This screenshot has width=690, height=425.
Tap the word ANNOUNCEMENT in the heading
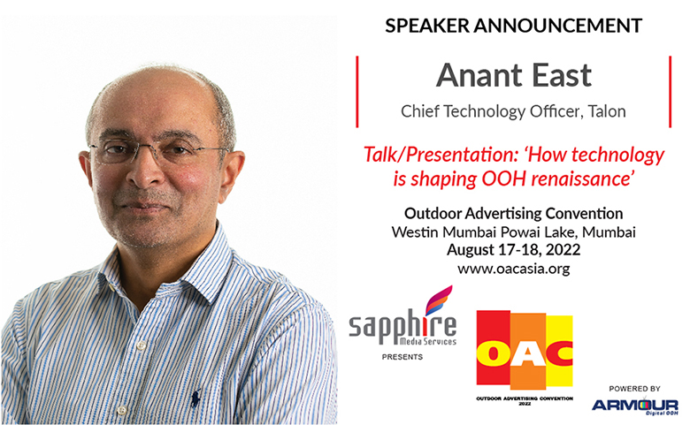[558, 26]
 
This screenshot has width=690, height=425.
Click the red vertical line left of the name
[356, 91]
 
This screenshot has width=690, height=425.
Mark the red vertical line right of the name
[670, 91]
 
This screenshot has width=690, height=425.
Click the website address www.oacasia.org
[514, 269]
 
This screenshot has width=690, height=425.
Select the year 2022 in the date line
[563, 250]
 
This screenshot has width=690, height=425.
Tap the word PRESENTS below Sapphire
[402, 357]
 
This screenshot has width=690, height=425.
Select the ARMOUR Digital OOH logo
[634, 406]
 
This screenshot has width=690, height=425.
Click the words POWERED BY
[634, 389]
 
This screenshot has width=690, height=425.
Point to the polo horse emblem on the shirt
[195, 398]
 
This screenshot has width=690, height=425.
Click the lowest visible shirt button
[122, 411]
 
